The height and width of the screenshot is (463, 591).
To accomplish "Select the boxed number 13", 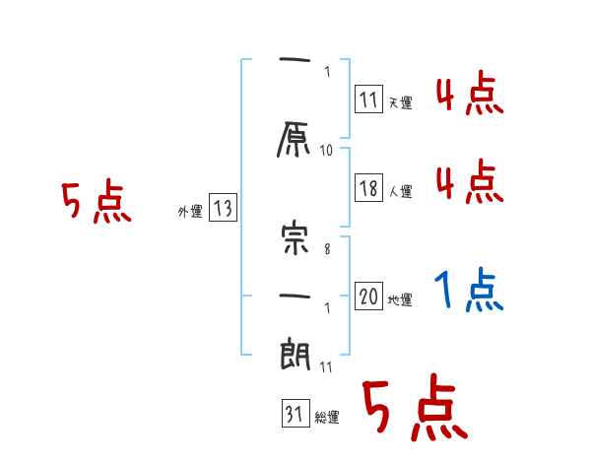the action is point(223,208).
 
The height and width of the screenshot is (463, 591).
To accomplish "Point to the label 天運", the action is point(400,102).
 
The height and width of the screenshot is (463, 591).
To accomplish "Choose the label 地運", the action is point(400,299).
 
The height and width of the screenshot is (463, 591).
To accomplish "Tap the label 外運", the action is point(189,211).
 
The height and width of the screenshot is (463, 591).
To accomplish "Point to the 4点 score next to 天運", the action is point(468,96).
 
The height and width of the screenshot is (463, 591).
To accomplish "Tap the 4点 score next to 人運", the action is point(468,182).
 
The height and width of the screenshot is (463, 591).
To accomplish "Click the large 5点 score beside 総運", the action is point(414,411).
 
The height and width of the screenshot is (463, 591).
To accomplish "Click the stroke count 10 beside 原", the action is point(327,151).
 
